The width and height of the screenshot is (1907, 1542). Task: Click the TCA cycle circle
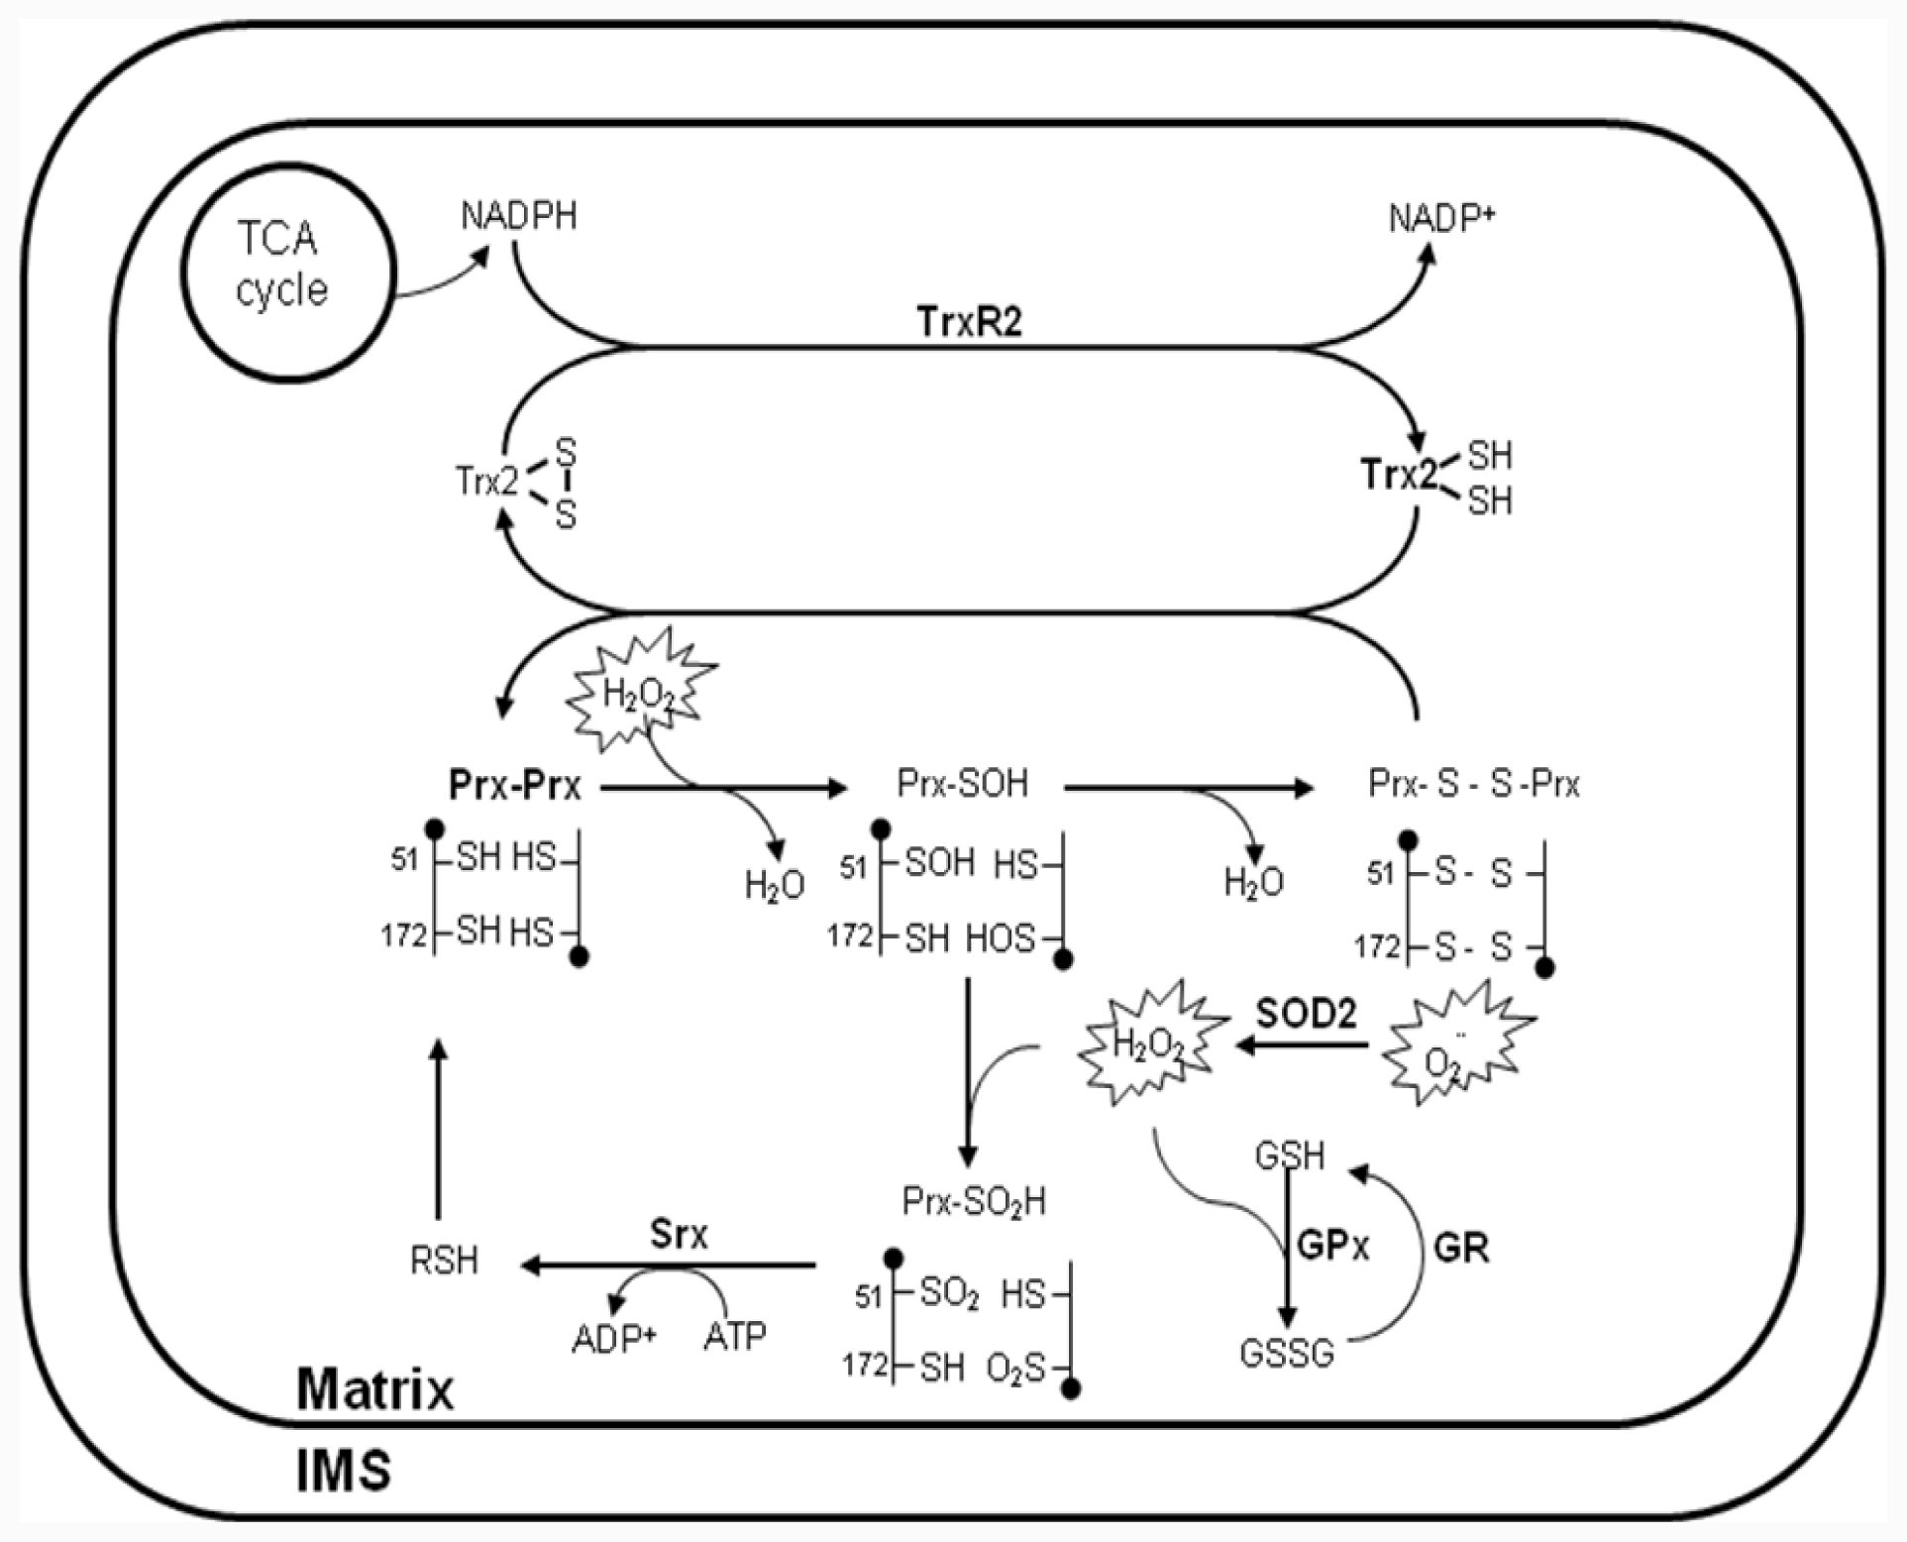[x=287, y=272]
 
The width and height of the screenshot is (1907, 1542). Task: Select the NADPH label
[x=518, y=216]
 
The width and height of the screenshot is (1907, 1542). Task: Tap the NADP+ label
[x=1440, y=218]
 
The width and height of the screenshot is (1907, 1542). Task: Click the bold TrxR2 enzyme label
[x=968, y=322]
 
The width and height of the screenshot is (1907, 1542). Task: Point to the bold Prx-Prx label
[x=514, y=786]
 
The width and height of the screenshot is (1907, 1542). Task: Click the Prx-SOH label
[x=962, y=784]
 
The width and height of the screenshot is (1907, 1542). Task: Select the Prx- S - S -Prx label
[x=1473, y=784]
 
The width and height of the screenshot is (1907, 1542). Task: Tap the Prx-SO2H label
[x=973, y=1201]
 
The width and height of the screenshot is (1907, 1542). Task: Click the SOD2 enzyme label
[x=1306, y=1014]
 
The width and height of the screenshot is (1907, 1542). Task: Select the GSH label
[x=1289, y=1156]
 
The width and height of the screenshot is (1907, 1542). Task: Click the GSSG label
[x=1287, y=1353]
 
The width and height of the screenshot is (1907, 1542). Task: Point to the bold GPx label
[x=1332, y=1247]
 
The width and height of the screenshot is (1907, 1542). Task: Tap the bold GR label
[x=1461, y=1248]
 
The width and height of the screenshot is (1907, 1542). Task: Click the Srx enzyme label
[x=679, y=1234]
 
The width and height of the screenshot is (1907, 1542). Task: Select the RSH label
[x=444, y=1262]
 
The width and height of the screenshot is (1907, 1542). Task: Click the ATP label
[x=734, y=1337]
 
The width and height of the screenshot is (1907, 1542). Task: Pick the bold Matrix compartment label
[x=374, y=1389]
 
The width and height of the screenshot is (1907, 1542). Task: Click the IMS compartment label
[x=343, y=1471]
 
